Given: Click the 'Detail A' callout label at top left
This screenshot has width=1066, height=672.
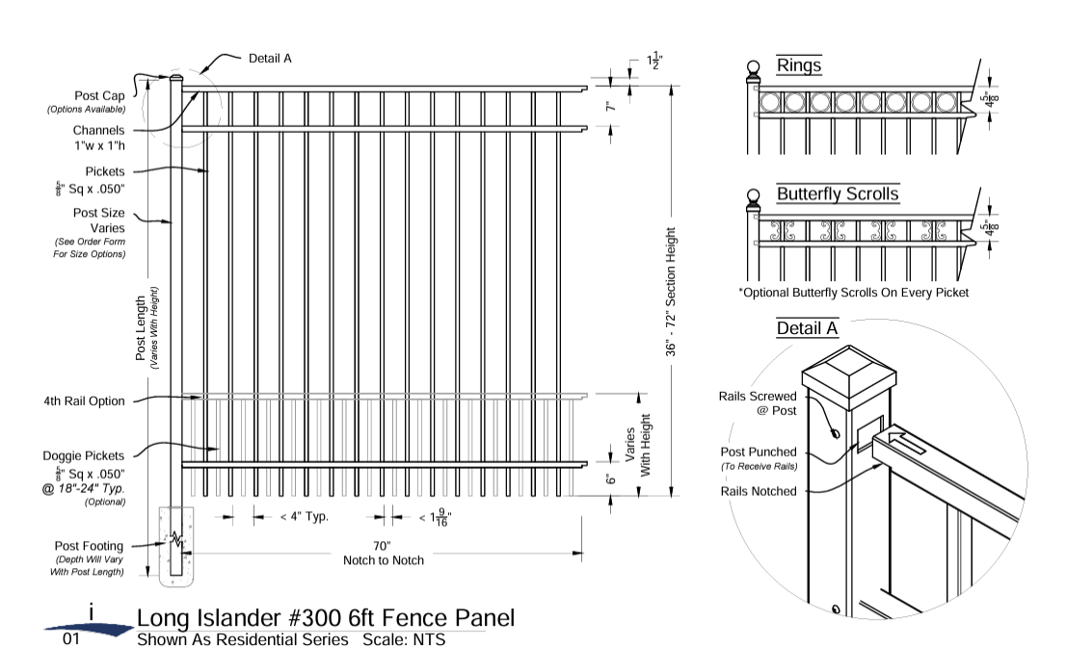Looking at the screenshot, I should click(x=270, y=58).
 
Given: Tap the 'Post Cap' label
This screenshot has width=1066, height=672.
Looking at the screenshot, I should click(x=100, y=96).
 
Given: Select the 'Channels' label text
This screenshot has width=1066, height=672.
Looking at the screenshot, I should click(x=98, y=130).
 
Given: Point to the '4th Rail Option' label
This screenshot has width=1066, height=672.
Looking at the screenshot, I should click(x=84, y=401).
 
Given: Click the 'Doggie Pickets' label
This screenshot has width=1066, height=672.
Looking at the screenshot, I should click(x=84, y=455).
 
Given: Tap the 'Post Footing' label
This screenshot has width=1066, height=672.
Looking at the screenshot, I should click(x=89, y=544).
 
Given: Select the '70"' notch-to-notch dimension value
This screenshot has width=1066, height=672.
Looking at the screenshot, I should click(x=383, y=545).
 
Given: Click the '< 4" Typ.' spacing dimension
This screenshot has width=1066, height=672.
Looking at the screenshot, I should click(x=304, y=517).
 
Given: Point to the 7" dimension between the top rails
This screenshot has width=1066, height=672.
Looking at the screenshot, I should click(x=609, y=109).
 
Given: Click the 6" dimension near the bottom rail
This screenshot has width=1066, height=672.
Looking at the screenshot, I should click(x=609, y=479).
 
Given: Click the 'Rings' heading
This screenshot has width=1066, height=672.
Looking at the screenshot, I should click(x=799, y=65).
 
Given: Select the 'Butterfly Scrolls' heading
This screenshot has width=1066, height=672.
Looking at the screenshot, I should click(x=838, y=194).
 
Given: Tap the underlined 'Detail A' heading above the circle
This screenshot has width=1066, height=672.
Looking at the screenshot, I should click(x=807, y=328).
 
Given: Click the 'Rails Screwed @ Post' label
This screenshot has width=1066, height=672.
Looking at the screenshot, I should click(x=758, y=403).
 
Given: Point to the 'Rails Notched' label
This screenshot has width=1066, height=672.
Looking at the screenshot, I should click(x=759, y=491).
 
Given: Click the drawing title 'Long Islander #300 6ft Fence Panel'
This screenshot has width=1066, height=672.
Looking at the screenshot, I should click(x=325, y=618).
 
